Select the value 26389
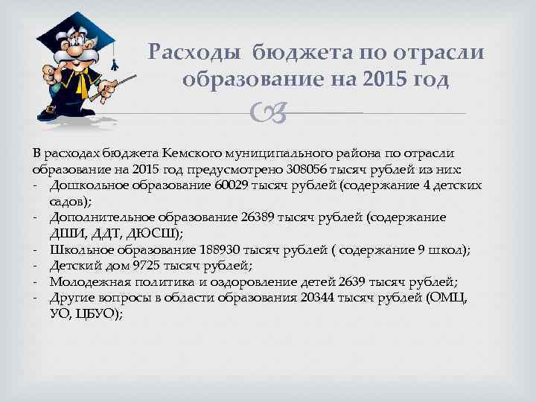coord(257,217)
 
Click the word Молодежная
coord(87,281)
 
